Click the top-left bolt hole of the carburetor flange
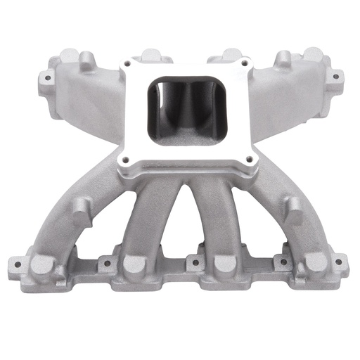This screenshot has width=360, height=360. (x=129, y=65)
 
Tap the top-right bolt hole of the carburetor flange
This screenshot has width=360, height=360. (x=243, y=64)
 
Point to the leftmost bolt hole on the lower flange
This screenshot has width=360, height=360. (x=13, y=266)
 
